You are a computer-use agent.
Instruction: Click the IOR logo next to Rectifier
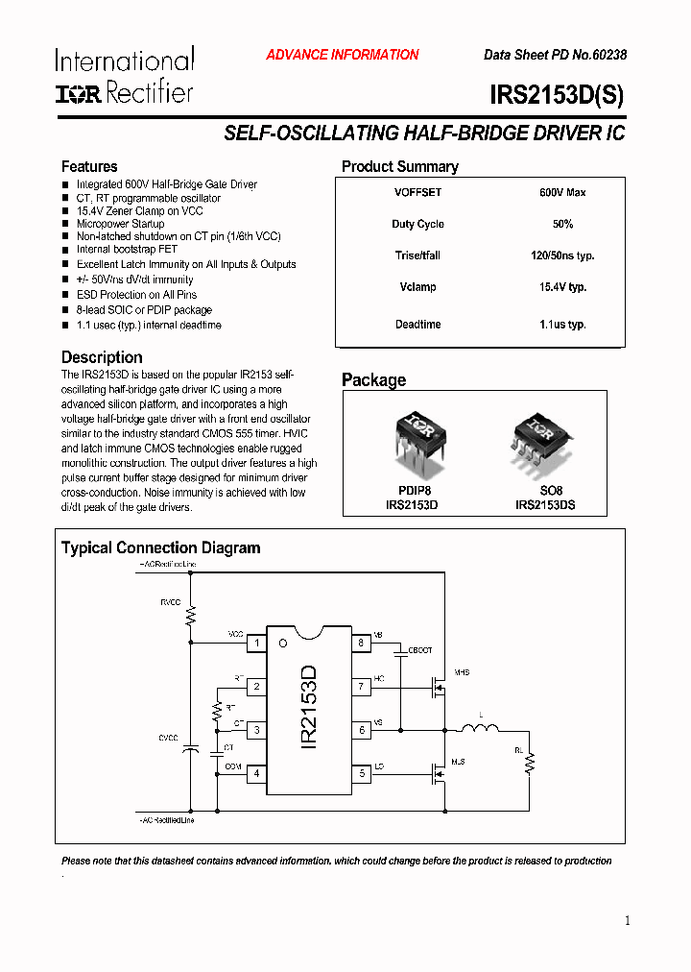(78, 93)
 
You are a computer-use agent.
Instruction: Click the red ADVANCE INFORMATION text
(342, 55)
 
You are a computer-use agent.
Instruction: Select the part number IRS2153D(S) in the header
(557, 95)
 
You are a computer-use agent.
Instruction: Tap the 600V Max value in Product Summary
(562, 192)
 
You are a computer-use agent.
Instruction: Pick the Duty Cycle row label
(417, 224)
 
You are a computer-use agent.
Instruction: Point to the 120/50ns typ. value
(562, 255)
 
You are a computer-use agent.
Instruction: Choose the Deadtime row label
(417, 325)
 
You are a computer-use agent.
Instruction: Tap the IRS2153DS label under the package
(545, 504)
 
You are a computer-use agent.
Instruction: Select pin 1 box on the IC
(257, 643)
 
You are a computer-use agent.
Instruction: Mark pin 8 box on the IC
(361, 643)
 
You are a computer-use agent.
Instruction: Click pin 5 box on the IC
(361, 773)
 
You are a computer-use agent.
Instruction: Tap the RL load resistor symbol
(529, 764)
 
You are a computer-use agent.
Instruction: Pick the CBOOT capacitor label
(420, 650)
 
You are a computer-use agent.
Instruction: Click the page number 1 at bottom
(628, 921)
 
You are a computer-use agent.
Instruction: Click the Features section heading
(89, 166)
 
